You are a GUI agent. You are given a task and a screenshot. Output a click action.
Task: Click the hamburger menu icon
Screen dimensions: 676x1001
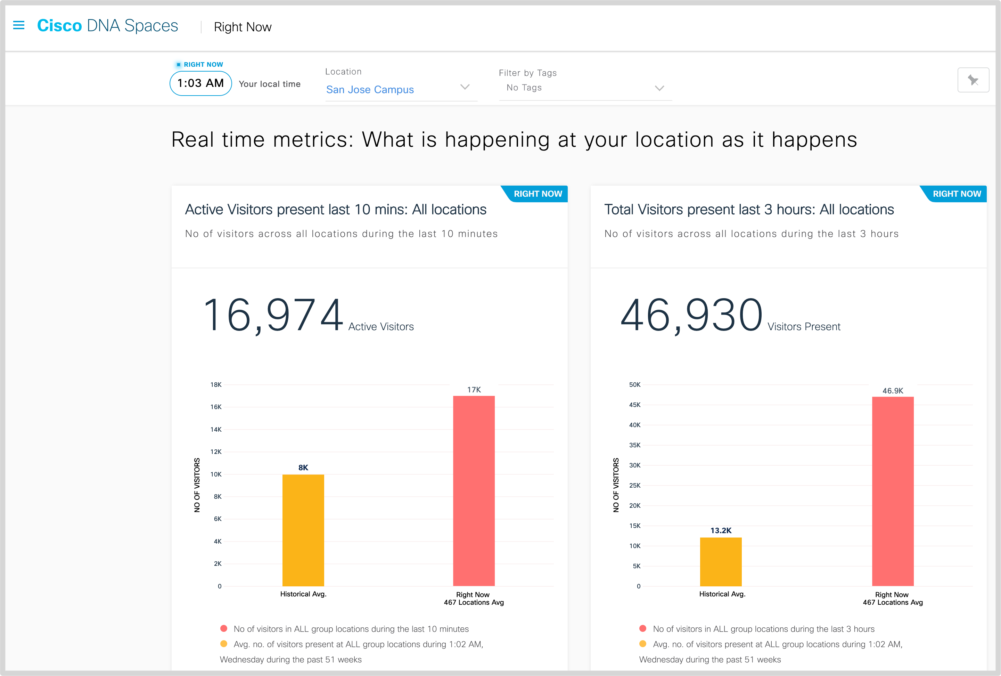click(18, 25)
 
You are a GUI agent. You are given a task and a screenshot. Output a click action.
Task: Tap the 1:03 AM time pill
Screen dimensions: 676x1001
click(201, 83)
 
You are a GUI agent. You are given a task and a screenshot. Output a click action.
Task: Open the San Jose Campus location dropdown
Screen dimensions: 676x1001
click(401, 89)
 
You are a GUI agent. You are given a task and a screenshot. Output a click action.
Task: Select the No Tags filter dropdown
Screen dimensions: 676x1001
click(585, 88)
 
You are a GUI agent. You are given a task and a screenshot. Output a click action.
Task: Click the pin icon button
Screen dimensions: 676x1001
click(973, 80)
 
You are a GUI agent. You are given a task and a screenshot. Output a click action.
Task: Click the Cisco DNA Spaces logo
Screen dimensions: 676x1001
click(108, 26)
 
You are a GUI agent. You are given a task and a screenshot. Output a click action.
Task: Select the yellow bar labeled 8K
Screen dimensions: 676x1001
click(303, 530)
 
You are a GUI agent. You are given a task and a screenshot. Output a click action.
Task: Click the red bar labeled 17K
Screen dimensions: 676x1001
click(474, 491)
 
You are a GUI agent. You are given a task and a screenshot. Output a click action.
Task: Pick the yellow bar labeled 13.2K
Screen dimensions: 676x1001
click(721, 561)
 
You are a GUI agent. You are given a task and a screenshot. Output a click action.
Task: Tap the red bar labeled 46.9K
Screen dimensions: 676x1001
click(893, 491)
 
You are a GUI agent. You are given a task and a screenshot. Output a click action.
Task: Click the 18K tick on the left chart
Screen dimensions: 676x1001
click(216, 385)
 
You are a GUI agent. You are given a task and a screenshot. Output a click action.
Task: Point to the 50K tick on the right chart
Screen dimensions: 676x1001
click(634, 385)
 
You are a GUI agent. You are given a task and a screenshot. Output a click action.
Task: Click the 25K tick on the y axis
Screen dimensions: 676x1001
click(634, 486)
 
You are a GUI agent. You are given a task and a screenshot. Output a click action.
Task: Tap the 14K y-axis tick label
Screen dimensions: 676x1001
click(216, 430)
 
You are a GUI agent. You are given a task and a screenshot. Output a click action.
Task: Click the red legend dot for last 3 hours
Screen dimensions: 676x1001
click(643, 629)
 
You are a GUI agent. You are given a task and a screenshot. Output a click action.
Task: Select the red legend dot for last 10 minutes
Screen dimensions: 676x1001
click(223, 629)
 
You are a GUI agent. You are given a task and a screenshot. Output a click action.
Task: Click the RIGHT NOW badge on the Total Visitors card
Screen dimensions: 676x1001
click(956, 194)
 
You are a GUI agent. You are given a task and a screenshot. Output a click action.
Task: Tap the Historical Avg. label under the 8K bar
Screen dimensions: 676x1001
click(303, 594)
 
